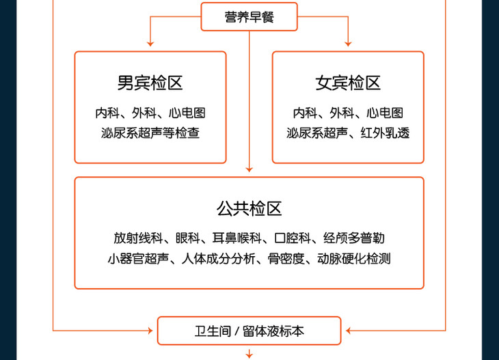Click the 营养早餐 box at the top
(249, 17)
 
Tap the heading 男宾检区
(150, 83)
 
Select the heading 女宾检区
(348, 83)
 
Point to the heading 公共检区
(249, 208)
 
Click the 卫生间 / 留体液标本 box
(249, 331)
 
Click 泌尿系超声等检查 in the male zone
(150, 133)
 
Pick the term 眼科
(187, 238)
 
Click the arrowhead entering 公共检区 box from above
(249, 169)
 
